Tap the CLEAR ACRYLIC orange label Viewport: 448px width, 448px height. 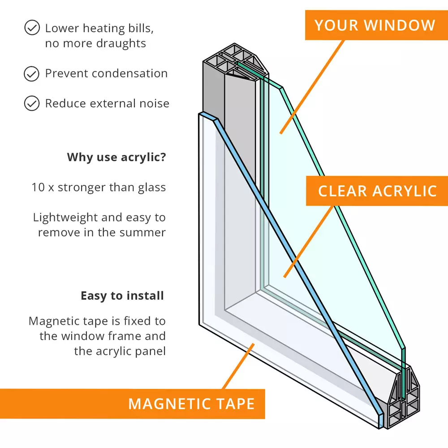click(377, 191)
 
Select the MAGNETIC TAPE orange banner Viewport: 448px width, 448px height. click(191, 404)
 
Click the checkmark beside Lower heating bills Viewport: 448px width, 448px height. click(31, 28)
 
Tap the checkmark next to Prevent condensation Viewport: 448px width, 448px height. click(31, 73)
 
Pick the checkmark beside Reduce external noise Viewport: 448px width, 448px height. click(31, 103)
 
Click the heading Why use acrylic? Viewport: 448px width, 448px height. click(116, 157)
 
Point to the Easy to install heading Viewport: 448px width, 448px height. click(122, 296)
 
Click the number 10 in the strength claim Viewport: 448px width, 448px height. click(38, 187)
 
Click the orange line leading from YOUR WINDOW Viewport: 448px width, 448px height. click(314, 85)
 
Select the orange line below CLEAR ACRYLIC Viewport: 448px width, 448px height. click(309, 240)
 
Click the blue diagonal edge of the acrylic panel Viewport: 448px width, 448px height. click(291, 264)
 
